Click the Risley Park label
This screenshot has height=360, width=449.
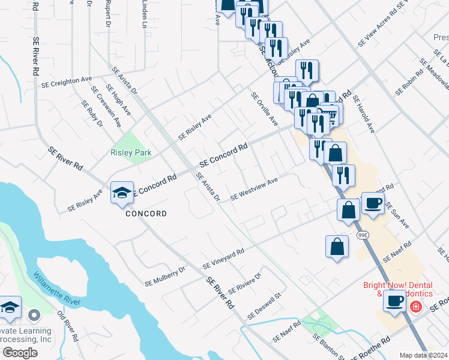click(131, 153)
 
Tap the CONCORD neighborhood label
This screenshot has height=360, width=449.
click(146, 214)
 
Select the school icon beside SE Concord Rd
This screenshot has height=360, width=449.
click(122, 193)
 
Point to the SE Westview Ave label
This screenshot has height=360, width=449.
click(254, 188)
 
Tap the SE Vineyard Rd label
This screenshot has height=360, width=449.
click(223, 259)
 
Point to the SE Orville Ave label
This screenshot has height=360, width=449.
click(265, 109)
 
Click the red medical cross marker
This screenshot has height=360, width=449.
click(414, 307)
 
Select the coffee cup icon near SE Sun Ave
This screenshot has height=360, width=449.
click(373, 204)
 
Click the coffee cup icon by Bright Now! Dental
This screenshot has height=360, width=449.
click(395, 301)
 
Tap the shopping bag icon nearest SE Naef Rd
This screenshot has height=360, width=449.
click(337, 246)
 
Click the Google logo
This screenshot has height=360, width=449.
click(20, 352)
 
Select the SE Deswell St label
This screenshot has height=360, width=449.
click(265, 307)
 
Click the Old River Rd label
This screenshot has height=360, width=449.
click(68, 326)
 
